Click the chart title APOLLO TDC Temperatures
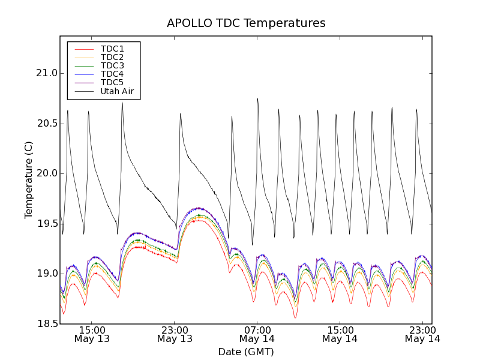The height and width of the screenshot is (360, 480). coord(246,23)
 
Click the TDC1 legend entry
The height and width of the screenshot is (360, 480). coord(112,49)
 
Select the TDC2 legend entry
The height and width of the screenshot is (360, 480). coord(112,57)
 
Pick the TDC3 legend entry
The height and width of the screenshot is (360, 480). coord(112,65)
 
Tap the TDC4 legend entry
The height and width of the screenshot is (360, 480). coord(112,74)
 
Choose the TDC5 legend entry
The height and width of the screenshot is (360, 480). coord(112,83)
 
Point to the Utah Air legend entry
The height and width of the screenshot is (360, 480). coord(116,92)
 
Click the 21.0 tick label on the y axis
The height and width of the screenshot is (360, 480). coord(47,73)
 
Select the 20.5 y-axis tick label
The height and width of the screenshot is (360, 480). coord(47,124)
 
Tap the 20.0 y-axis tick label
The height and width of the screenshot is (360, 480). coord(47,173)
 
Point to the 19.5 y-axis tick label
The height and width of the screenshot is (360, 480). coord(47,224)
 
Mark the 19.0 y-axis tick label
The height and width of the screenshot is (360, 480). coord(47,274)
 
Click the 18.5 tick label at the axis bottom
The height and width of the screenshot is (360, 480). coord(47,324)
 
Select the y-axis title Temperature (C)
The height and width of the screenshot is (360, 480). coord(29,180)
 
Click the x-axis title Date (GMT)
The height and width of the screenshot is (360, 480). coord(246,352)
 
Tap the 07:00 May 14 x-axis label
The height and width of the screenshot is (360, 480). coord(257,334)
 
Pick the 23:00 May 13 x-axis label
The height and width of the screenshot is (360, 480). coord(175,334)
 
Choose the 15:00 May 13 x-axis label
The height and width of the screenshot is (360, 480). coord(92,334)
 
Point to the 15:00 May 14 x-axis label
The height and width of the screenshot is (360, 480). coord(340,334)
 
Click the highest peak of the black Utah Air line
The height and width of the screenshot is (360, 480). coord(257,98)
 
